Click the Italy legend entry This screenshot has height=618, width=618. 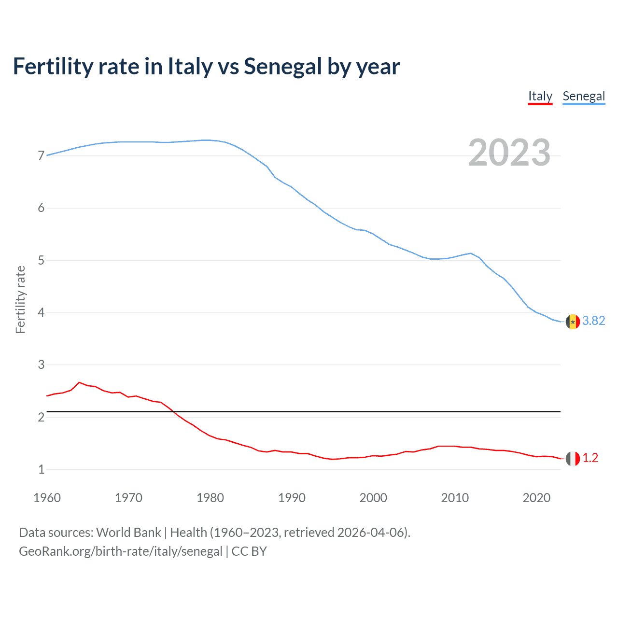click(x=540, y=96)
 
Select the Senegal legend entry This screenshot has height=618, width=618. click(x=583, y=96)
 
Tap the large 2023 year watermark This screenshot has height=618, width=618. click(x=509, y=153)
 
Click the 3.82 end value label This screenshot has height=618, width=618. click(x=593, y=321)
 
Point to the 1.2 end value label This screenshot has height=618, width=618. click(x=590, y=458)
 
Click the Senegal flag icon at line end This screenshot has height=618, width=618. click(x=573, y=322)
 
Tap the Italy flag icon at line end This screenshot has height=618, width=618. click(x=573, y=459)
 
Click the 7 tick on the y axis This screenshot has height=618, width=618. click(x=41, y=156)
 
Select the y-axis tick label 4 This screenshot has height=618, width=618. click(x=41, y=312)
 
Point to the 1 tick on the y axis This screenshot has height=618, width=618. click(x=41, y=469)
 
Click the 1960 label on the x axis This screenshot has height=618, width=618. click(x=47, y=498)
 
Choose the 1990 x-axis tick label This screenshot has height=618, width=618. click(x=292, y=498)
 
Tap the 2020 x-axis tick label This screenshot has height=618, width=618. click(x=536, y=498)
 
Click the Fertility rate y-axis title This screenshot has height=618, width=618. click(x=20, y=299)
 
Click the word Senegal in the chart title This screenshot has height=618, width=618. click(x=282, y=67)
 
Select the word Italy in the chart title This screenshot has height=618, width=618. click(x=190, y=67)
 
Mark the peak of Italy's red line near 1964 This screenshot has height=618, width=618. click(x=79, y=382)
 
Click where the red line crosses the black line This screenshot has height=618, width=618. click(x=173, y=412)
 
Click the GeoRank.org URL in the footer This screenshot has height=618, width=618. click(x=121, y=551)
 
